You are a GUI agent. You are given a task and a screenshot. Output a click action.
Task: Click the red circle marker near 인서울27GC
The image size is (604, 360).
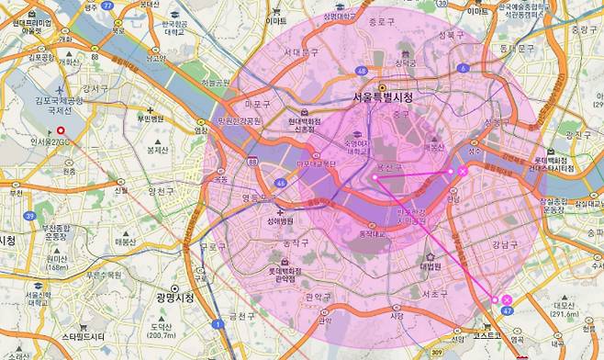(62, 132)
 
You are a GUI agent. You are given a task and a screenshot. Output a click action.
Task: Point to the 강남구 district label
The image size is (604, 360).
(504, 243)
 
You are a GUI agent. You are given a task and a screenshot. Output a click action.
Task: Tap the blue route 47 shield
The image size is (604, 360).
(508, 312)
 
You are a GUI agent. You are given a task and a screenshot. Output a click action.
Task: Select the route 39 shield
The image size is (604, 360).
(29, 215)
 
